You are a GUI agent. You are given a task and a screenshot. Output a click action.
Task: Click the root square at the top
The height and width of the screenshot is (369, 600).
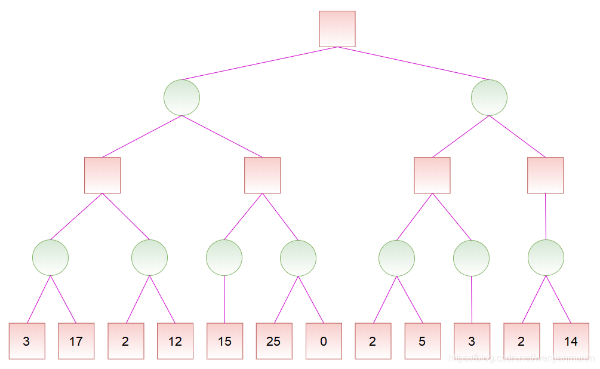337,29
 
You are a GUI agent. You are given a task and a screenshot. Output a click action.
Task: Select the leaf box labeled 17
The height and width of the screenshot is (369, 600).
76,341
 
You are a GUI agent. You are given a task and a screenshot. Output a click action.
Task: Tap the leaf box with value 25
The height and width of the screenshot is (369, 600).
274,341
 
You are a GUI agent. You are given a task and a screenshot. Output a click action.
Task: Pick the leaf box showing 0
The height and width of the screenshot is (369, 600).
324,341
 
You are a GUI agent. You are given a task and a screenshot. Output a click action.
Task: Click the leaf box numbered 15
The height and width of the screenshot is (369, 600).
225,341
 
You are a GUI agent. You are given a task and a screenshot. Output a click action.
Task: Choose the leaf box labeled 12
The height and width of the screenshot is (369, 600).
175,341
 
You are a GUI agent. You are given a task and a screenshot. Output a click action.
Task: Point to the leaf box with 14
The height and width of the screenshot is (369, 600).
571,341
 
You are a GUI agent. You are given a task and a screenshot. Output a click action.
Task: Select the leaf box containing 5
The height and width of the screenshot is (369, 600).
423,341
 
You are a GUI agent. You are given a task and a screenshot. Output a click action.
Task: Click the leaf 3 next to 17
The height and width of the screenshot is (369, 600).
27,341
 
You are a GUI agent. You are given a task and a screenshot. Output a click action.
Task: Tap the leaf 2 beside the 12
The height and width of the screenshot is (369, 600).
126,341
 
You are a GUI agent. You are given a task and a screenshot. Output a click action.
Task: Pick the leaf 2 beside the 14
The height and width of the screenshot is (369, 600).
521,341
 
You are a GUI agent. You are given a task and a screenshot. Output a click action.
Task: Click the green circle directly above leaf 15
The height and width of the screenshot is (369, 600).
224,258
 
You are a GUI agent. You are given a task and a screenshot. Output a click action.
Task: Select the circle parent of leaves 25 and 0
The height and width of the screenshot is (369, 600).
298,258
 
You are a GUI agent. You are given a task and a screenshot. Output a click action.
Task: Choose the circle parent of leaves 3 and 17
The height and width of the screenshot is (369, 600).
51,258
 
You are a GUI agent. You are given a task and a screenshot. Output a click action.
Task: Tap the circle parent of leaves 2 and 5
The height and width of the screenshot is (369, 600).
396,258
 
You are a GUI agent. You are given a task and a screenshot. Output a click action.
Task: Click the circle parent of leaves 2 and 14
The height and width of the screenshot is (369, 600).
546,258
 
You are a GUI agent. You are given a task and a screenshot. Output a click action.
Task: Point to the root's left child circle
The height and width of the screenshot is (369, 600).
181,98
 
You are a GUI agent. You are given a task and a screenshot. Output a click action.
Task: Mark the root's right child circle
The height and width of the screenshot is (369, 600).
489,98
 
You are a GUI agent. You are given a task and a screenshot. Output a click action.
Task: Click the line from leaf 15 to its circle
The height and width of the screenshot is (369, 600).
224,299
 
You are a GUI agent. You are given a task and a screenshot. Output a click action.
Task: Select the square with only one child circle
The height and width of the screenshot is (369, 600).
546,175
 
